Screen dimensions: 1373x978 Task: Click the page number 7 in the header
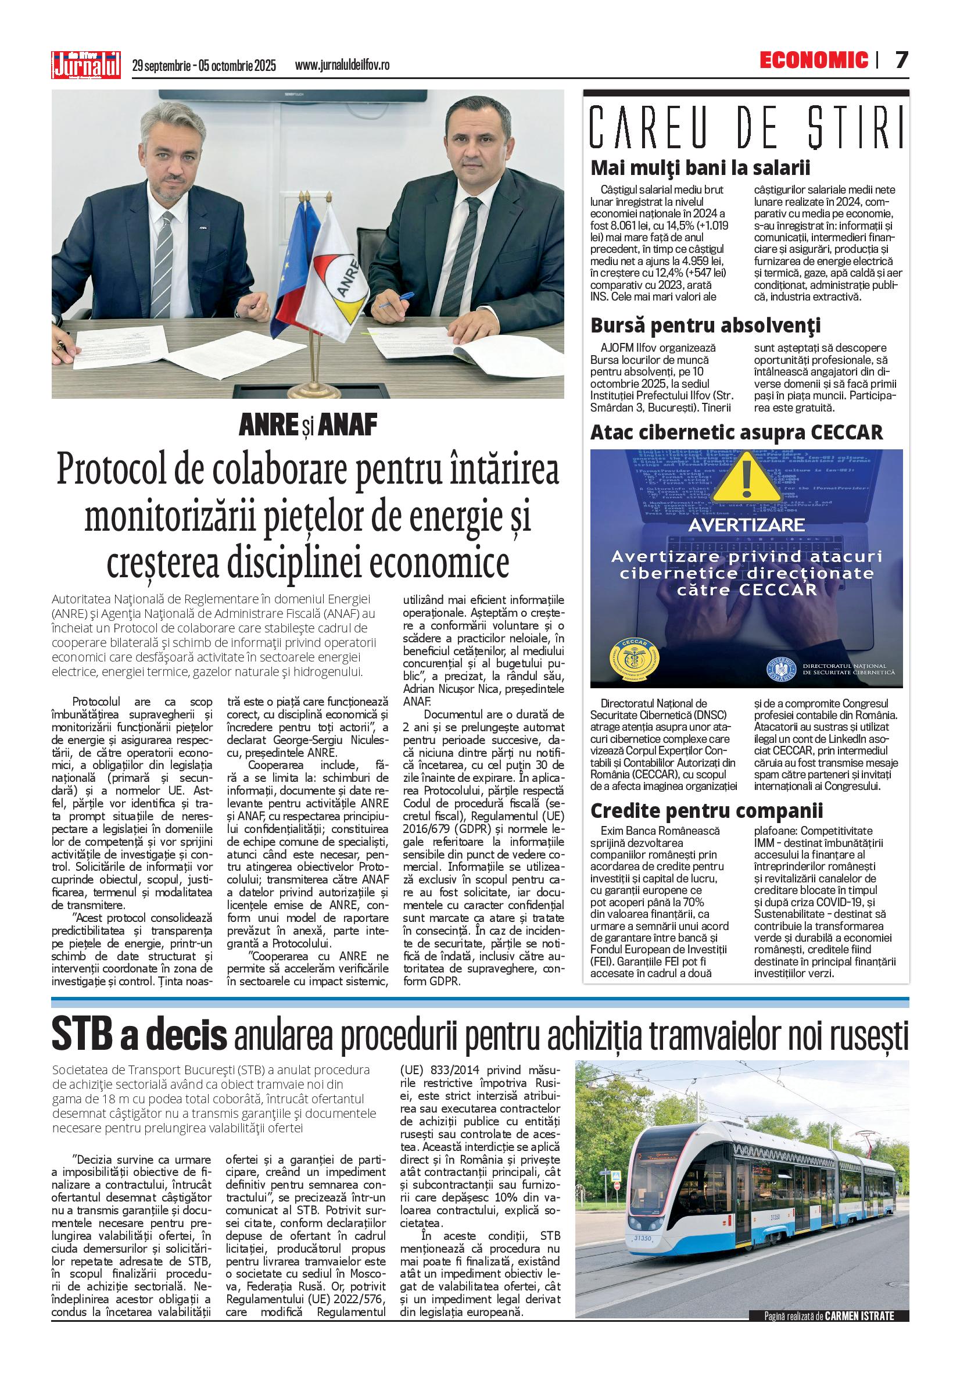pyautogui.click(x=900, y=60)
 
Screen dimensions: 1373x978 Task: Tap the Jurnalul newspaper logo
pyautogui.click(x=86, y=64)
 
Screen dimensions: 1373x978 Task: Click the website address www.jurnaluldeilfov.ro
pyautogui.click(x=342, y=65)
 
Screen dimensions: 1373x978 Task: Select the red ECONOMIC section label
pyautogui.click(x=814, y=60)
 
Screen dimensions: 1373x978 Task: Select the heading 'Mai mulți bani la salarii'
pyautogui.click(x=700, y=167)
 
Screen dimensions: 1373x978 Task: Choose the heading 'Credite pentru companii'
pyautogui.click(x=707, y=810)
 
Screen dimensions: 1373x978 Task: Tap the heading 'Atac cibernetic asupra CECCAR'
pyautogui.click(x=736, y=432)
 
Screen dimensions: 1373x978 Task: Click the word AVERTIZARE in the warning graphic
pyautogui.click(x=746, y=525)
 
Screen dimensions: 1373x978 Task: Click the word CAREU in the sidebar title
pyautogui.click(x=658, y=127)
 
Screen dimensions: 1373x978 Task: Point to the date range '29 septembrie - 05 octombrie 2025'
pyautogui.click(x=203, y=65)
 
